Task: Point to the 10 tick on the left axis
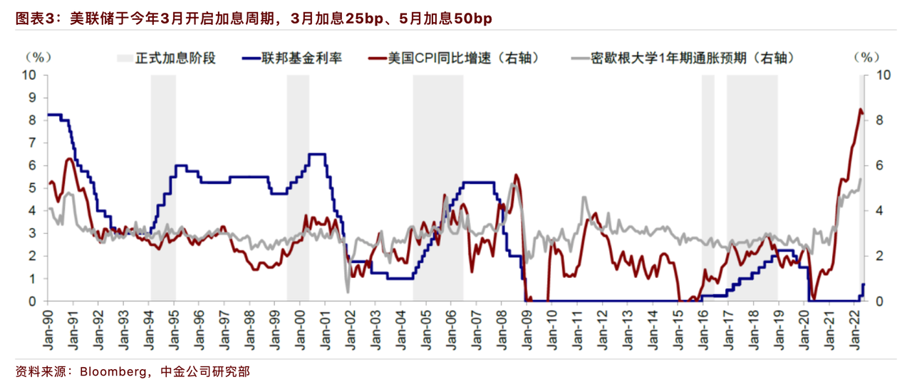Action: point(29,75)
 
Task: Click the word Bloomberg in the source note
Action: point(113,372)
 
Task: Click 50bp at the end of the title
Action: point(472,19)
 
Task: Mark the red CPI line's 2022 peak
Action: point(860,109)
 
